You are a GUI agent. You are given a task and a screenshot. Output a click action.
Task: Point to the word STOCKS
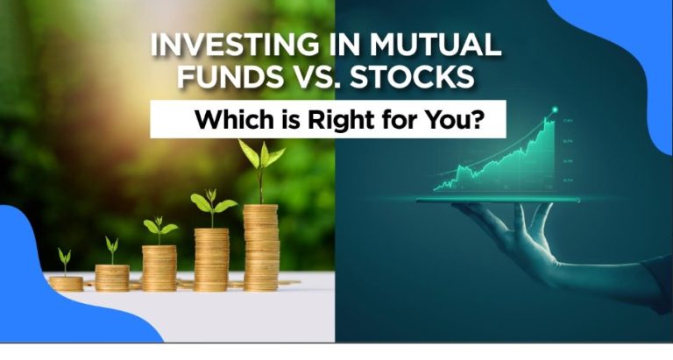tap(412, 77)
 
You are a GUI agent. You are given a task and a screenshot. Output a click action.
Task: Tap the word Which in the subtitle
tap(229, 120)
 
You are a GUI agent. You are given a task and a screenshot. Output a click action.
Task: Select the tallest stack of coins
tap(261, 248)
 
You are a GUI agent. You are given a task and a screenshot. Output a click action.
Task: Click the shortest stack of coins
tap(66, 284)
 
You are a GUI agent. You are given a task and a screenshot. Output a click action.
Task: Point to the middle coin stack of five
tap(159, 268)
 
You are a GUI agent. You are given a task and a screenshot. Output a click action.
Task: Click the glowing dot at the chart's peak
tap(555, 109)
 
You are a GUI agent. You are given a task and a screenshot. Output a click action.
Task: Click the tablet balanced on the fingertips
tap(498, 200)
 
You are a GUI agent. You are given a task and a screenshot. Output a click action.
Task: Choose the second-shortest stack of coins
tap(112, 278)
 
